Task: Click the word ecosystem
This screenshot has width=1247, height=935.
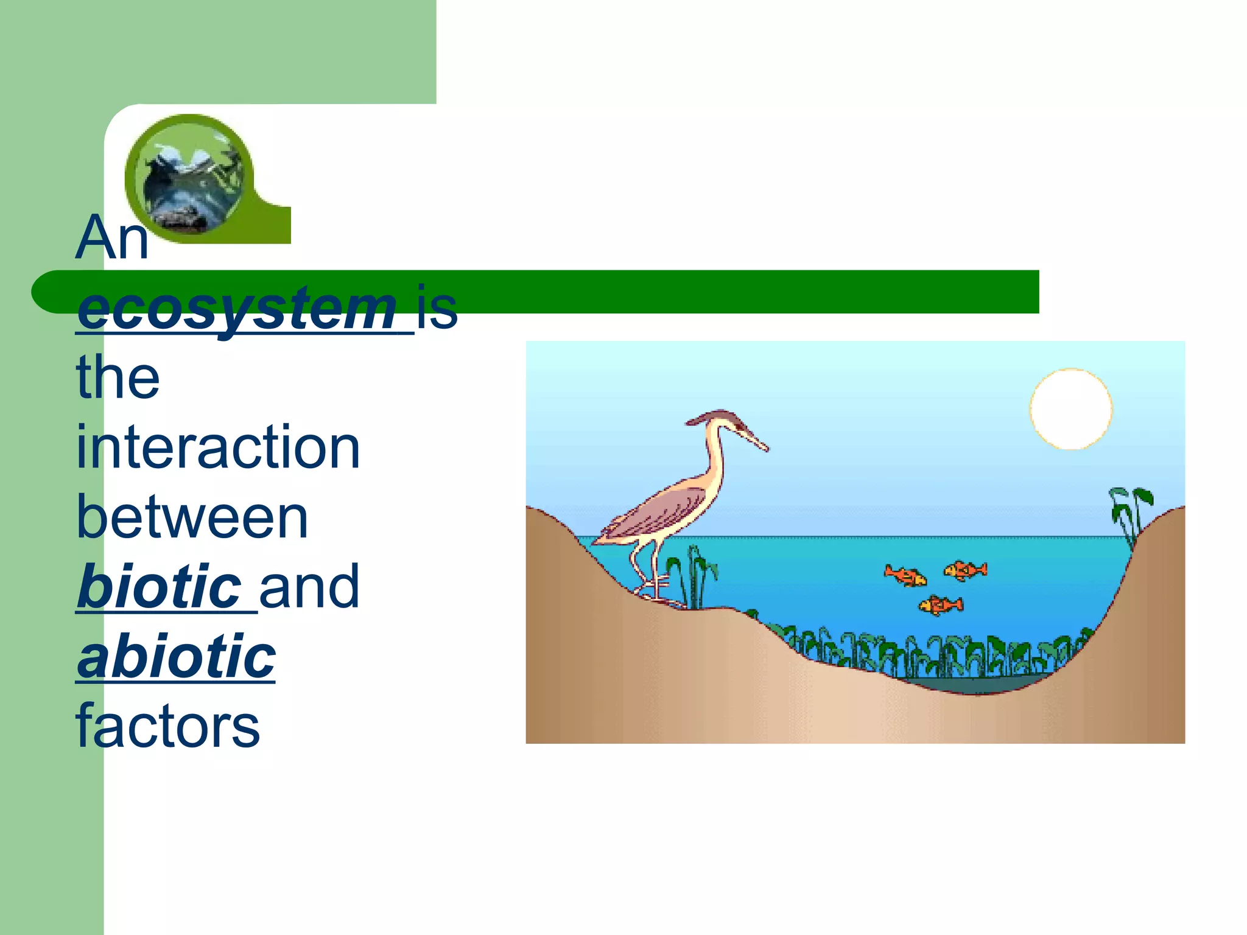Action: pyautogui.click(x=237, y=309)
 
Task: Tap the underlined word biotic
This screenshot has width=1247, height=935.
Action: pyautogui.click(x=160, y=586)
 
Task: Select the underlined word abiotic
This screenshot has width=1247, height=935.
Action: pyautogui.click(x=177, y=656)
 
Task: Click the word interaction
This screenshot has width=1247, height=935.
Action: pyautogui.click(x=218, y=448)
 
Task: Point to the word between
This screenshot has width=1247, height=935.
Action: pyautogui.click(x=192, y=517)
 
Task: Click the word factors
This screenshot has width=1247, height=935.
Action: pyautogui.click(x=168, y=726)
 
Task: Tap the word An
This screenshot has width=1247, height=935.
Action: pyautogui.click(x=111, y=238)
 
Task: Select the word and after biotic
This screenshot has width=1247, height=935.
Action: pyautogui.click(x=309, y=586)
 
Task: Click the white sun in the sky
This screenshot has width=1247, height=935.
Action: pyautogui.click(x=1070, y=409)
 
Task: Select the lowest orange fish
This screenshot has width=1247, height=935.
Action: pyautogui.click(x=941, y=605)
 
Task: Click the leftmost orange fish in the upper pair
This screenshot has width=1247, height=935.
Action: pyautogui.click(x=905, y=575)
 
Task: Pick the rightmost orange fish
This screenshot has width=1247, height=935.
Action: pyautogui.click(x=966, y=570)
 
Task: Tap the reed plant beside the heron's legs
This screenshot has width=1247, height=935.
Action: pyautogui.click(x=694, y=575)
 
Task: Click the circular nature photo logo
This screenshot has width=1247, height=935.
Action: pyautogui.click(x=189, y=178)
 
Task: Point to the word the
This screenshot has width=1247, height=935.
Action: pyautogui.click(x=118, y=378)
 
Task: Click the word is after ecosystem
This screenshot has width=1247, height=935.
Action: pyautogui.click(x=437, y=309)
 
